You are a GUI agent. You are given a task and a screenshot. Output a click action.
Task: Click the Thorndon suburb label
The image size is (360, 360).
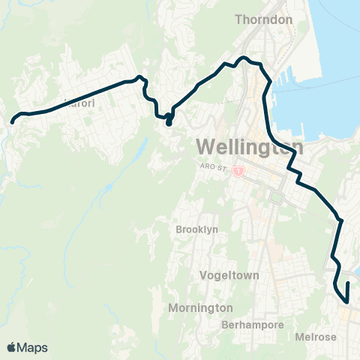pyautogui.click(x=263, y=19)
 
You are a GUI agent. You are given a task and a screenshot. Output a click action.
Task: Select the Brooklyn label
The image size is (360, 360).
pyautogui.click(x=196, y=229)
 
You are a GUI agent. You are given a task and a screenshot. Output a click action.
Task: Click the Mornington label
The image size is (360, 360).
pyautogui.click(x=200, y=308)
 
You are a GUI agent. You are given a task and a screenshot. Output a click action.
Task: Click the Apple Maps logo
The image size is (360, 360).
pyautogui.click(x=28, y=347)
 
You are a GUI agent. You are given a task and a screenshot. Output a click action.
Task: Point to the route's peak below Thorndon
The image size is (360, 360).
pyautogui.click(x=243, y=57)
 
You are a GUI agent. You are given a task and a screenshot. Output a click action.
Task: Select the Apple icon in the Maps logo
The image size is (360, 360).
pyautogui.click(x=11, y=347)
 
